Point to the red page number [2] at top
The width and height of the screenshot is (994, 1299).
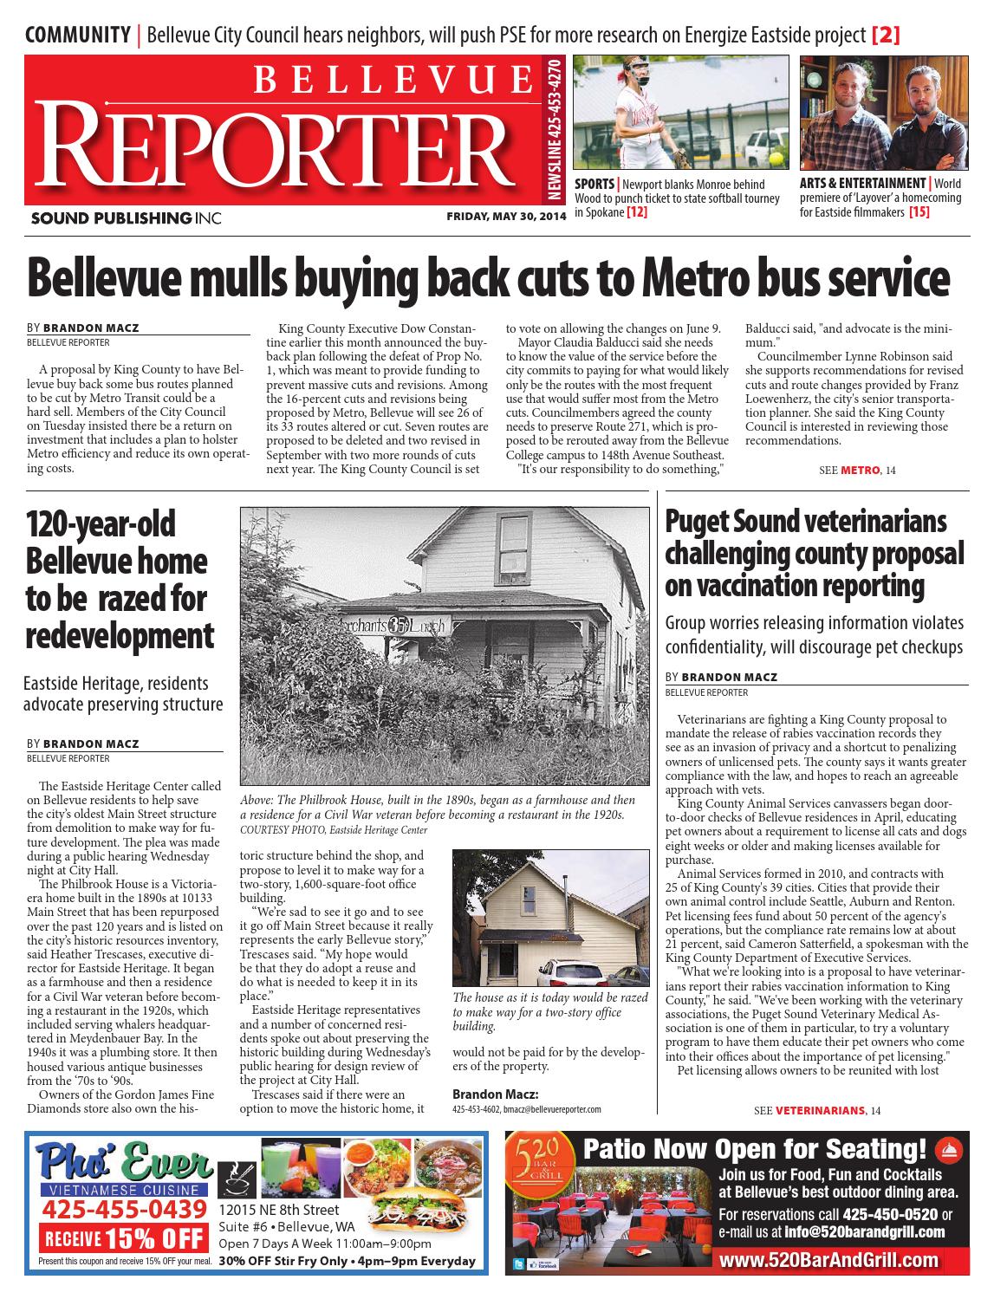pyautogui.click(x=886, y=36)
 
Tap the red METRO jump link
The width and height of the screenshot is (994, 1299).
pyautogui.click(x=860, y=470)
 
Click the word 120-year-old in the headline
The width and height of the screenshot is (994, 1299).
pyautogui.click(x=101, y=524)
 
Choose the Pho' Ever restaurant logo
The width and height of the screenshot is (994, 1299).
pyautogui.click(x=121, y=1164)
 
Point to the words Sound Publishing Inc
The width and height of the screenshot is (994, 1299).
pyautogui.click(x=124, y=218)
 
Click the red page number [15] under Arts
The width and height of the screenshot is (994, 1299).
pyautogui.click(x=919, y=211)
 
